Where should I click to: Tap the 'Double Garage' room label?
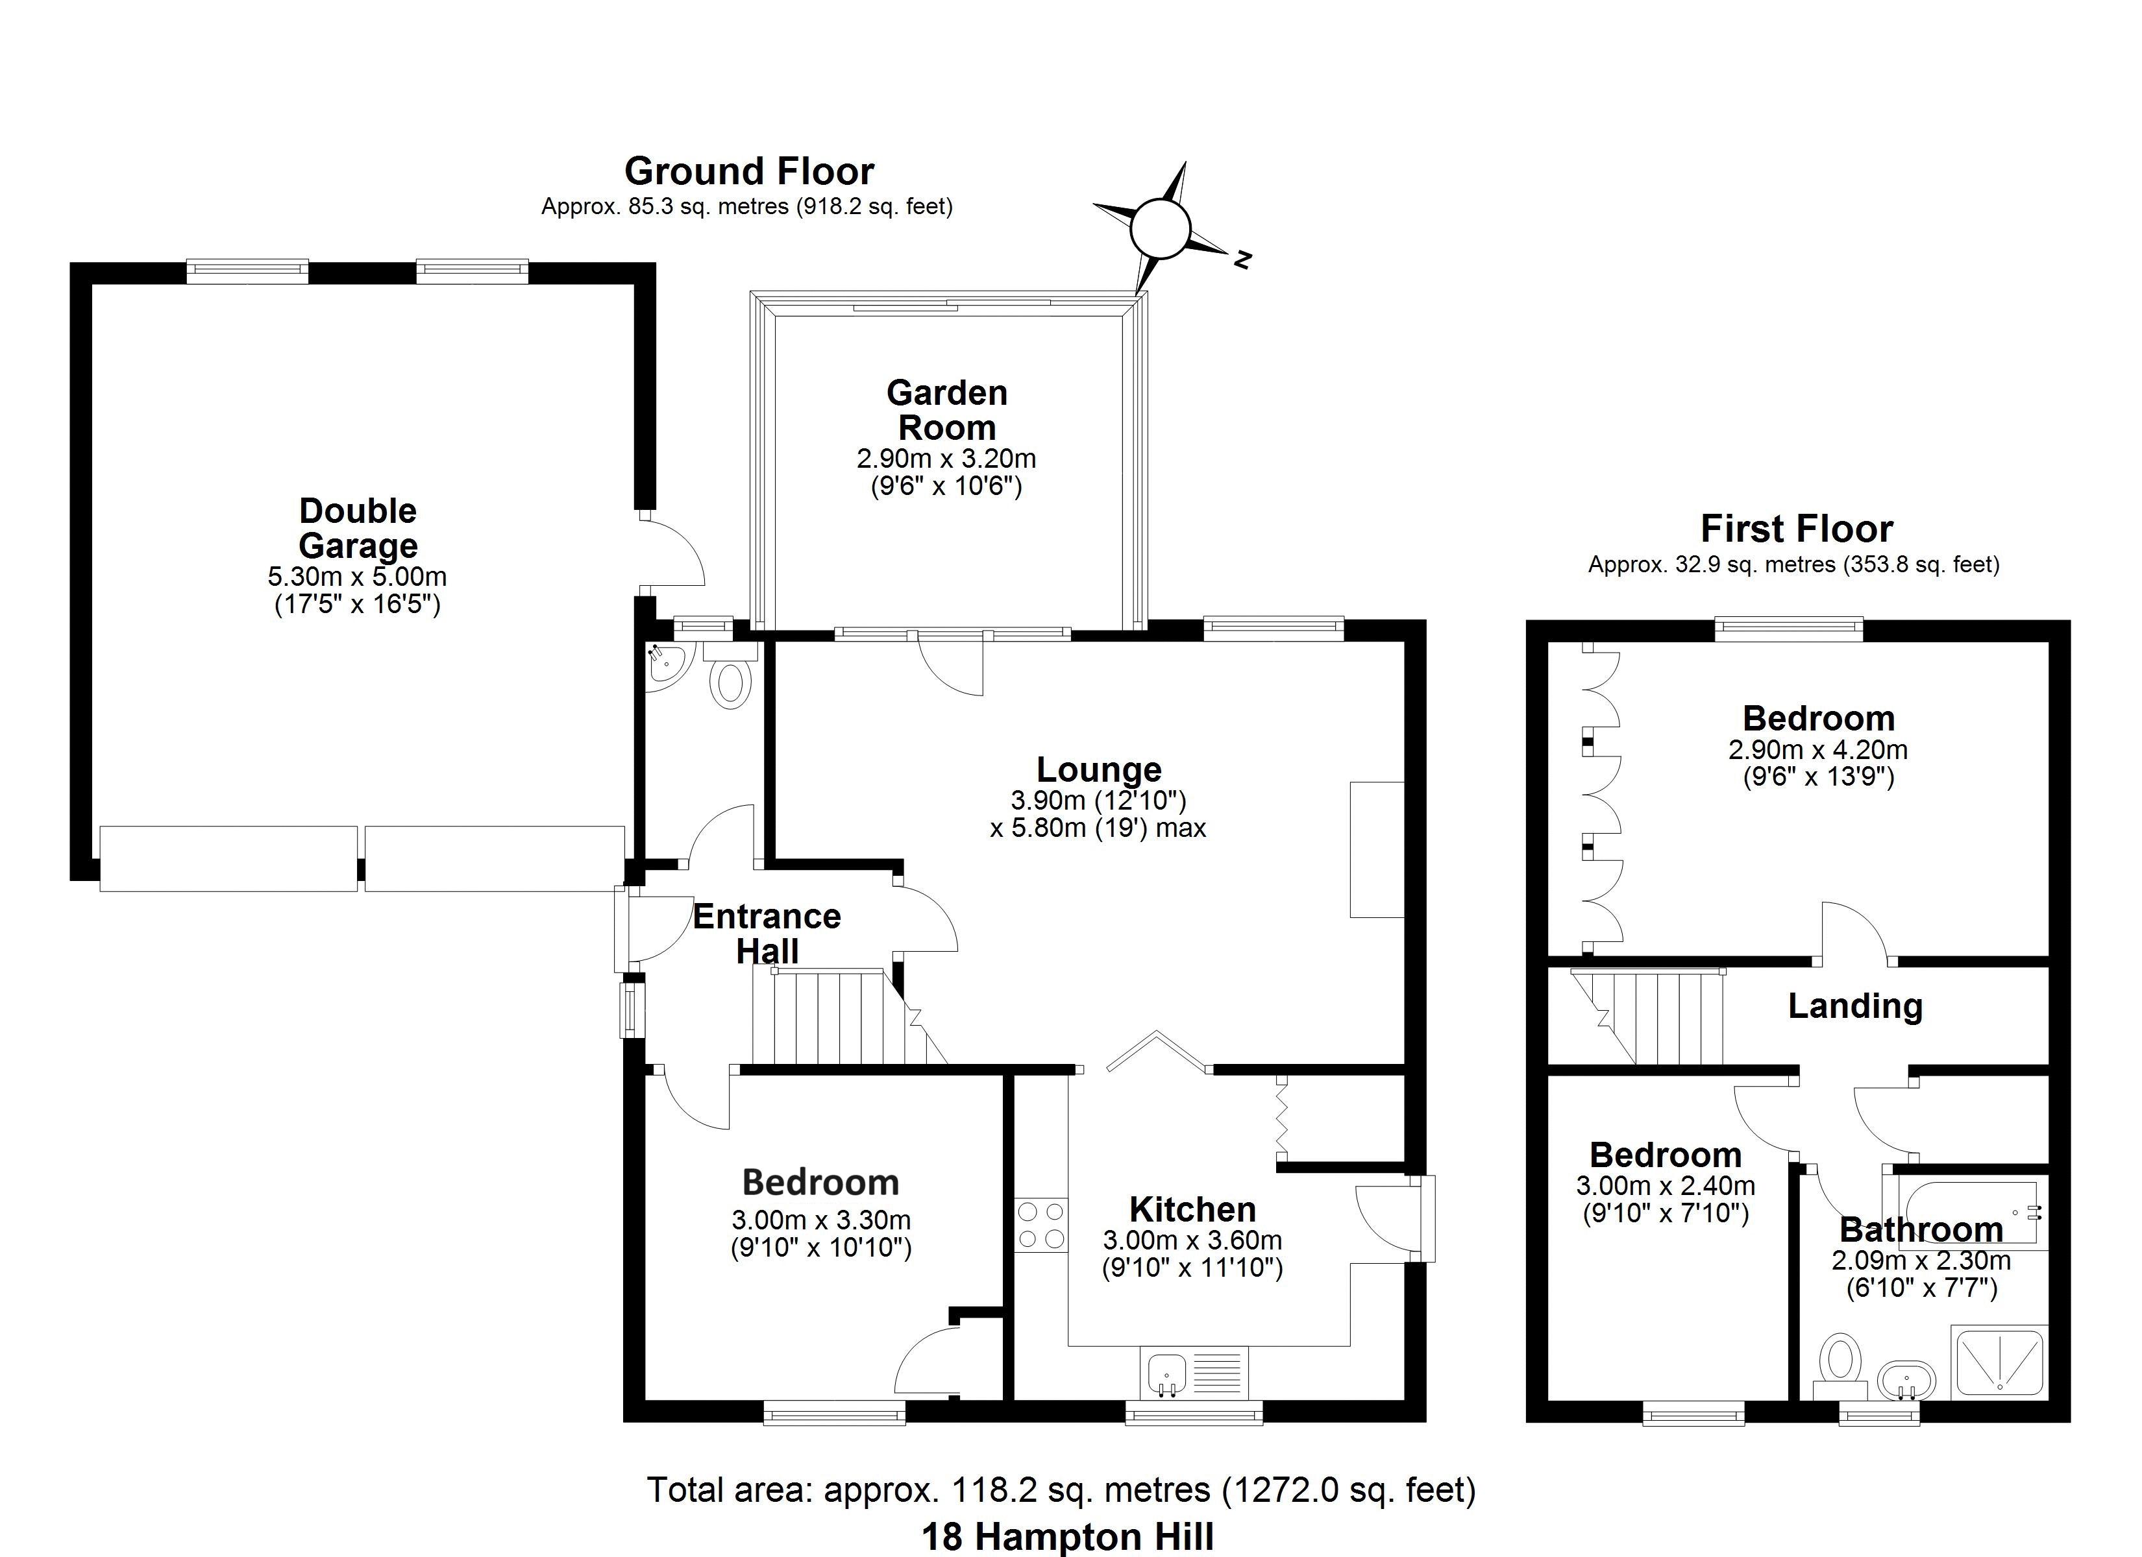(357, 528)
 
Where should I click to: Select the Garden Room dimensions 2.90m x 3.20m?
(946, 459)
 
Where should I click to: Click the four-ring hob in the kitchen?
(1040, 1225)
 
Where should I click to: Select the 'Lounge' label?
(1098, 769)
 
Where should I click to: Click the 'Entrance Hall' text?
(767, 933)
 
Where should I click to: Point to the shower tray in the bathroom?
(1997, 1362)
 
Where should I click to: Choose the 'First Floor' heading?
(1796, 529)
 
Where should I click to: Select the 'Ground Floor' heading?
(749, 171)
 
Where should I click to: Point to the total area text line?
(1061, 1489)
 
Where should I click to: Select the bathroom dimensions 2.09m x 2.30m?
(1921, 1261)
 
